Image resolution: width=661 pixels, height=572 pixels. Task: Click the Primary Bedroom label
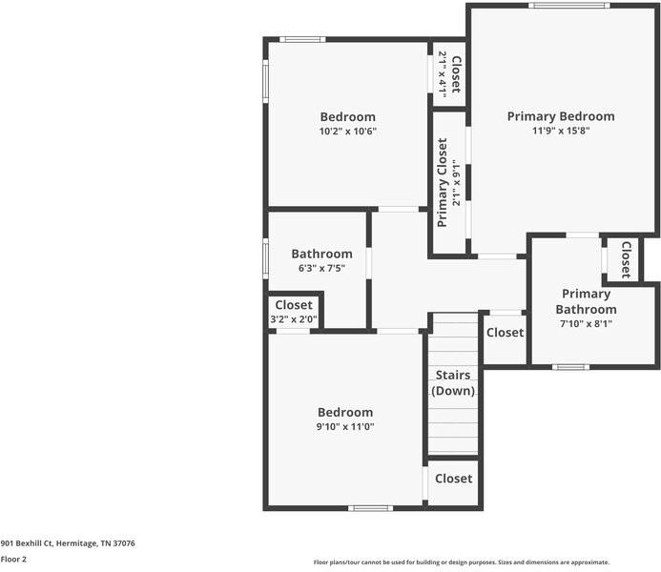click(x=561, y=116)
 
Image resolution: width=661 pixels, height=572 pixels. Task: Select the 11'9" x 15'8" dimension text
click(x=561, y=132)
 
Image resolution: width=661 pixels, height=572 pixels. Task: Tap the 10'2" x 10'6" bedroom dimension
click(x=348, y=132)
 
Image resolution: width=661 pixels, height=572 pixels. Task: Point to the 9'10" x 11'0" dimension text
click(x=345, y=427)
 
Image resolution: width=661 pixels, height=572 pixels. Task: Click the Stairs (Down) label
click(x=453, y=383)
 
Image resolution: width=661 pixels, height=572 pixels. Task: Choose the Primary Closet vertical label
click(x=443, y=183)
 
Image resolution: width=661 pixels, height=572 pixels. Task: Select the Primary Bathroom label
click(x=586, y=301)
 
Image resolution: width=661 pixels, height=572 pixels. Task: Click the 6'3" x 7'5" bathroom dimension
click(x=321, y=269)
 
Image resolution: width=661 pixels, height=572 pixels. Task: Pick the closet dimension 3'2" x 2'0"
click(x=294, y=319)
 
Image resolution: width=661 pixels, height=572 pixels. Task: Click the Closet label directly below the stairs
click(x=453, y=479)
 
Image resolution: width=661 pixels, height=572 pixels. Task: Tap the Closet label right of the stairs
click(x=505, y=333)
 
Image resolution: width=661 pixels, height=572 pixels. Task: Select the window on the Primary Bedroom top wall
click(x=569, y=6)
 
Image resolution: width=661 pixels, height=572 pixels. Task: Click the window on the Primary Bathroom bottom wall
click(x=570, y=367)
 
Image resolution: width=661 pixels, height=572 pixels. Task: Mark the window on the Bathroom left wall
click(x=266, y=257)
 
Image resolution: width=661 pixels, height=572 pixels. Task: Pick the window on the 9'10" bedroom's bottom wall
click(x=370, y=508)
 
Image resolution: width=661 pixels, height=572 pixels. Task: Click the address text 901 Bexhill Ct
click(x=68, y=543)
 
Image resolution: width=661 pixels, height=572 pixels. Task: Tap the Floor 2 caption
click(x=13, y=560)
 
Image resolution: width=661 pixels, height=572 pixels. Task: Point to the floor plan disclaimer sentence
click(x=462, y=562)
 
